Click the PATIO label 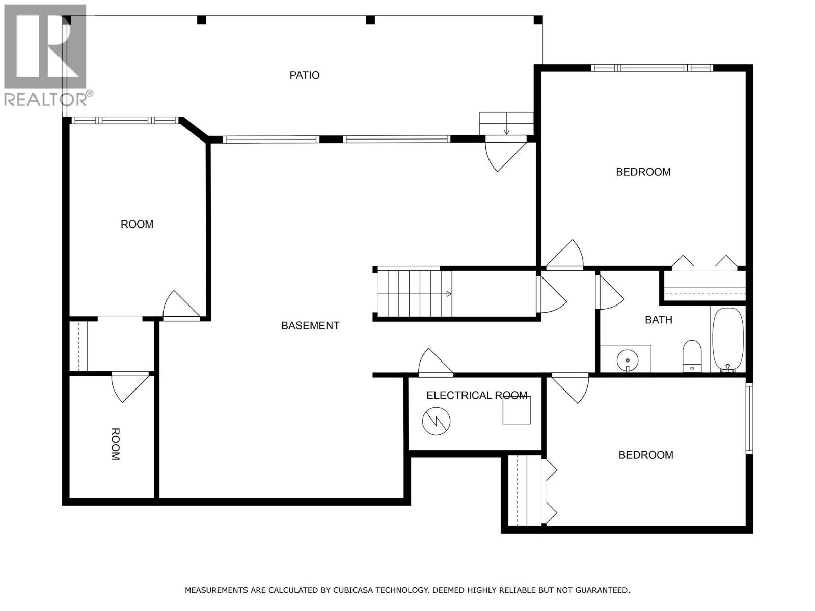[x=305, y=75]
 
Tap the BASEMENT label [x=310, y=326]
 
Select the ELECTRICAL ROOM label [x=476, y=396]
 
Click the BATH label [x=658, y=320]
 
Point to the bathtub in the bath [x=727, y=339]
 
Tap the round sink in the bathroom [x=627, y=359]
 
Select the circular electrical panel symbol [x=437, y=421]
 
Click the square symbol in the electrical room [x=517, y=410]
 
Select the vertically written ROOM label [x=116, y=444]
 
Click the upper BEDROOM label [x=643, y=172]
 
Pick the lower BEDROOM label [x=645, y=455]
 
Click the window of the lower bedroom [x=749, y=418]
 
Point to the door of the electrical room [x=434, y=364]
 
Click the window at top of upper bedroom [x=651, y=68]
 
